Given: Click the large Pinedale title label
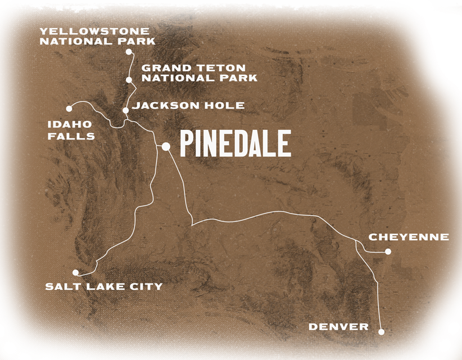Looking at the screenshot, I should pos(235,143).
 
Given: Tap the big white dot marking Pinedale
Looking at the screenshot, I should pos(166,147).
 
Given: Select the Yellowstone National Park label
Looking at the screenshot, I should pos(98,36).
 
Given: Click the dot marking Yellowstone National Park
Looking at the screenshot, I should pos(129,52).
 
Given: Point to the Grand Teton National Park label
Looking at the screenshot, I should pos(199,73).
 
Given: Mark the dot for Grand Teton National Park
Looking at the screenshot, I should pos(129,80).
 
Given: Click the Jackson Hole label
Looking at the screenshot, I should pos(188,105).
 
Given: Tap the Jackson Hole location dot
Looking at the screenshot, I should pos(125,110).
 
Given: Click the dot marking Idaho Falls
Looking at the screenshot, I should pos(69,108).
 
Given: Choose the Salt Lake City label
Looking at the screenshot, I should pos(103,287).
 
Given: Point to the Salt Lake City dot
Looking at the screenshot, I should pos(76,272).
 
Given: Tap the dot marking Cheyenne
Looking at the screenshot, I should pos(388,251).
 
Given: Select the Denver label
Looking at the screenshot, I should pos(339,327).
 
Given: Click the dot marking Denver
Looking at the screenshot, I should pos(381,332).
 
